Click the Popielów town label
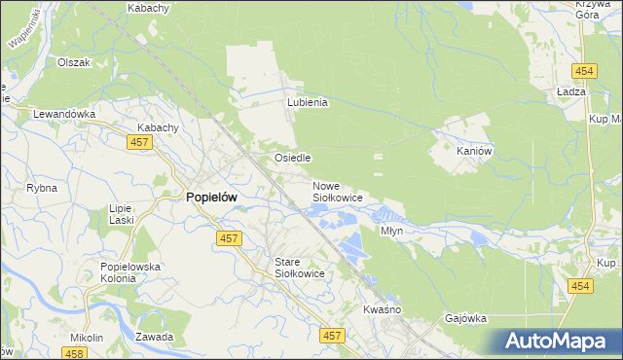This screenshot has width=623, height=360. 211,197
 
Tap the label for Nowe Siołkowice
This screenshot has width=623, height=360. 337,192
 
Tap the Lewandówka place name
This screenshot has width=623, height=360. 64,114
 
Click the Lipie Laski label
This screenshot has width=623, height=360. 122,214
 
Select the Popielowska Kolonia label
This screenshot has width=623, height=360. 129,272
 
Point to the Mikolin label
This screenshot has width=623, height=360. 87,338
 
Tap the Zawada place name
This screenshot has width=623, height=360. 155,338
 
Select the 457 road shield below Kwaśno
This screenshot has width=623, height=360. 333,336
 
